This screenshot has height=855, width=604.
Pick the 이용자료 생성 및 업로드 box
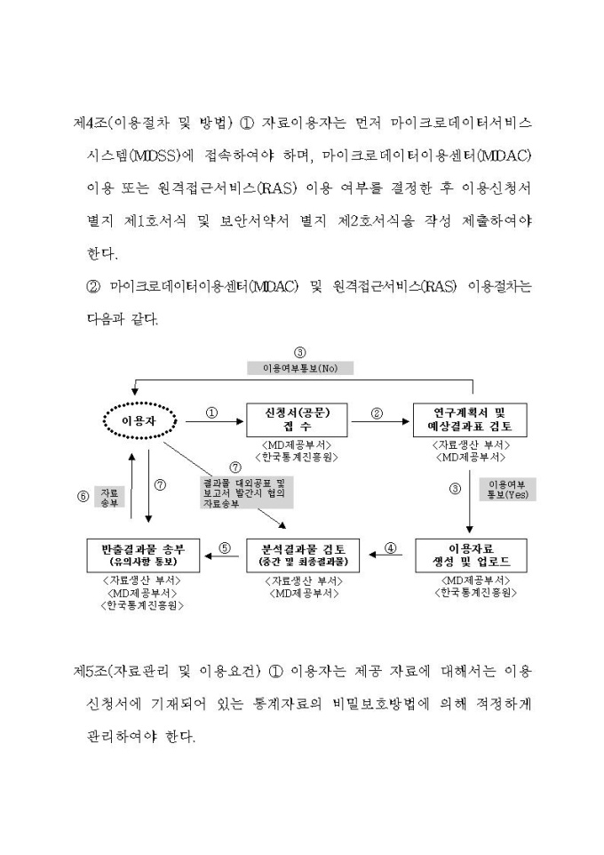pyautogui.click(x=469, y=556)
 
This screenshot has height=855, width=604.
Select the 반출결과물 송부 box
pyautogui.click(x=144, y=555)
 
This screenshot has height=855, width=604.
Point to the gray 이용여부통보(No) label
pyautogui.click(x=300, y=368)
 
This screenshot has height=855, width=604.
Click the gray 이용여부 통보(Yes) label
pyautogui.click(x=507, y=489)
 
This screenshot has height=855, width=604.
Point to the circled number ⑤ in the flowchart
pyautogui.click(x=225, y=548)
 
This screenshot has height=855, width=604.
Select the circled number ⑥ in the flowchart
pyautogui.click(x=83, y=496)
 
